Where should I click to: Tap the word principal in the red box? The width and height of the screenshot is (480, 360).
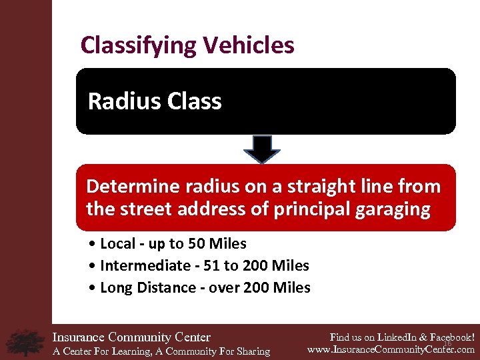(x=314, y=209)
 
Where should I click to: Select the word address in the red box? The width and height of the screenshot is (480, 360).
(x=221, y=209)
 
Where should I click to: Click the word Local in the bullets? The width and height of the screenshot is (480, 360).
(x=116, y=244)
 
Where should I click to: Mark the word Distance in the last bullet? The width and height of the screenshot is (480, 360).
(x=163, y=288)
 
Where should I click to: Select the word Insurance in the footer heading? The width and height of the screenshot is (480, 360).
(x=78, y=337)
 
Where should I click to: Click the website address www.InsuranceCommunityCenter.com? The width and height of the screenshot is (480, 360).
(x=391, y=349)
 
